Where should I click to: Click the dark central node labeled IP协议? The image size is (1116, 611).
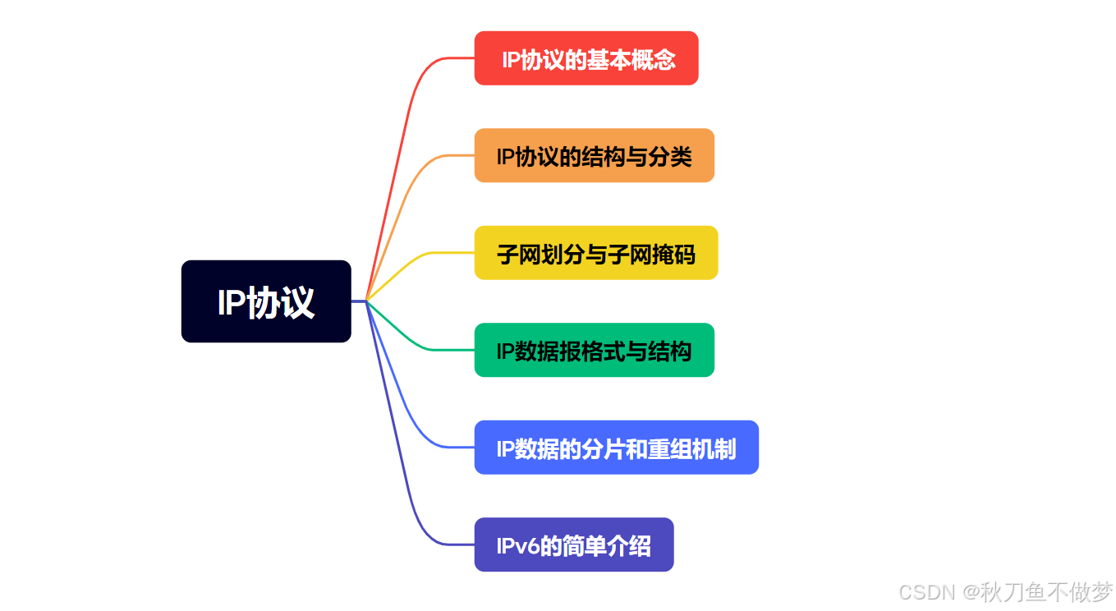pos(265,301)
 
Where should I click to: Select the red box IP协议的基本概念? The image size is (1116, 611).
pos(586,58)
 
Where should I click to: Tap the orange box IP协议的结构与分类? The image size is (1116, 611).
pos(594,155)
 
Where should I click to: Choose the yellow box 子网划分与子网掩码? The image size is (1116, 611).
pos(596,253)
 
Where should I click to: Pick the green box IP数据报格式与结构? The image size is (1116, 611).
pos(594,350)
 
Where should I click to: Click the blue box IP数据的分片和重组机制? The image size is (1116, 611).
pos(616,448)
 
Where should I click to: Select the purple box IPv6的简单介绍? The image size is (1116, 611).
pos(574,544)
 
